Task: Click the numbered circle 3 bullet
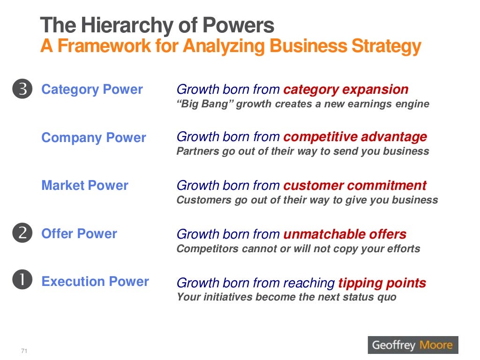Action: point(22,90)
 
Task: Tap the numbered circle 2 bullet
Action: point(22,233)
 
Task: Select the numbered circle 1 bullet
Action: point(22,281)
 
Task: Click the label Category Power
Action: point(92,90)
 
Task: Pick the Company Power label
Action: point(94,138)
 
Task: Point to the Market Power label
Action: point(85,186)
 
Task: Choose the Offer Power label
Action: point(79,233)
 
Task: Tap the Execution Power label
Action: point(95,281)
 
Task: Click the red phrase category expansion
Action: point(346,90)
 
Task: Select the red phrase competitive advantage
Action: point(355,137)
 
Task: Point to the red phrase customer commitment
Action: point(355,185)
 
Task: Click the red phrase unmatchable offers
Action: point(345,234)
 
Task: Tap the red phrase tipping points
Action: point(382,283)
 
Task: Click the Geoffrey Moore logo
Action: point(412,345)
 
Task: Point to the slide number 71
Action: point(24,351)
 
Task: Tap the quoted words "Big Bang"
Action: point(204,104)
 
